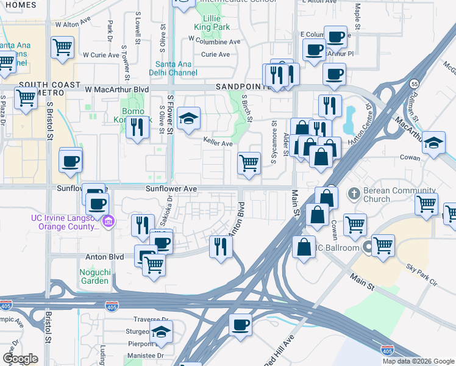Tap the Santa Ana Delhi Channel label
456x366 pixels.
176,68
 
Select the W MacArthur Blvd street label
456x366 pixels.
116,89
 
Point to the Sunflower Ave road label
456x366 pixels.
171,189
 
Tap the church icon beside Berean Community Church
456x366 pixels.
353,194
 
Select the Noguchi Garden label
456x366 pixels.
94,276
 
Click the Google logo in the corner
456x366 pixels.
20,359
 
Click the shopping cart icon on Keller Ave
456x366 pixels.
249,163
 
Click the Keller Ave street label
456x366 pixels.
218,143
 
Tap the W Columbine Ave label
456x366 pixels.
215,41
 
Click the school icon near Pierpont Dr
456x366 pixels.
161,332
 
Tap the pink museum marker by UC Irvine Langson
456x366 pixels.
109,220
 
